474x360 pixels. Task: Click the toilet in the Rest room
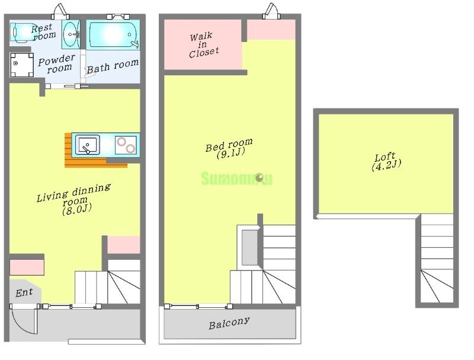pos(23,32)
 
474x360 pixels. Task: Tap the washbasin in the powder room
pos(71,34)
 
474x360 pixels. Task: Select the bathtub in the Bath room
pos(113,34)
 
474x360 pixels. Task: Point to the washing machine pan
pos(22,65)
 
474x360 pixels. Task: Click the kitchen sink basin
pos(87,145)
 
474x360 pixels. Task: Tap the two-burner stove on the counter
pos(126,145)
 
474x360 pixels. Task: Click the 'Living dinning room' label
pos(73,196)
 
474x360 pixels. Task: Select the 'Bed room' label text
pos(229,145)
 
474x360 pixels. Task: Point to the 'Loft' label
pos(385,157)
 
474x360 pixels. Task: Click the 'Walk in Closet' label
pos(204,45)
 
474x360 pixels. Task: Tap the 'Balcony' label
pos(229,323)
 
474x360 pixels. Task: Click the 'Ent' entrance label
pos(24,292)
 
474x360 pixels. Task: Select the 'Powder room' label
pos(57,63)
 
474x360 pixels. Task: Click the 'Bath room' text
pos(113,66)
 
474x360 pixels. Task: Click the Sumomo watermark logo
pos(236,179)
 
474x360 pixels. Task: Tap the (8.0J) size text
pos(77,209)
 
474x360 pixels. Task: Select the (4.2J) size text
pos(386,166)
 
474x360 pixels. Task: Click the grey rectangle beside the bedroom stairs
pos(250,247)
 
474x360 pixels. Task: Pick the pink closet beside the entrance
pos(27,267)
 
